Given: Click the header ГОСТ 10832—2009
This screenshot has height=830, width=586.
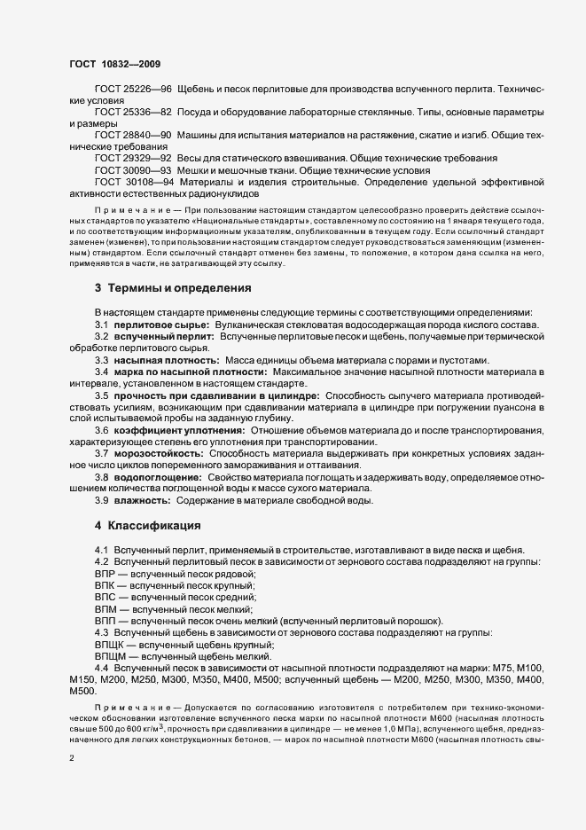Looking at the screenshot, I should click(x=113, y=63).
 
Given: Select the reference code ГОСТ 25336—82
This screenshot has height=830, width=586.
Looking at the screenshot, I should click(x=133, y=114).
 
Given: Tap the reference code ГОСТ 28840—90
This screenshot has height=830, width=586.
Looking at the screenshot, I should click(x=133, y=136).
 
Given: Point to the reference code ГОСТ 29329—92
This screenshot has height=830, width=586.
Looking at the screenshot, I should click(x=133, y=158).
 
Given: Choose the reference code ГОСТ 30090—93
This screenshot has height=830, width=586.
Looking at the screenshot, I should click(x=133, y=169).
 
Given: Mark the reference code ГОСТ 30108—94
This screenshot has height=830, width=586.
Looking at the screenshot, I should click(x=134, y=181).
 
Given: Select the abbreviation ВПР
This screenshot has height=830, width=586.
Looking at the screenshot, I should click(x=105, y=575).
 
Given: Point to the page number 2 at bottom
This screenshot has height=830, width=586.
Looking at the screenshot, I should click(x=72, y=759).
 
